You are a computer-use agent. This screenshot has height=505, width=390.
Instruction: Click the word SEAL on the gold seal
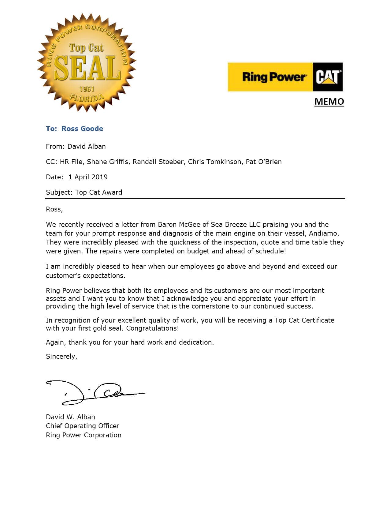pos(87,68)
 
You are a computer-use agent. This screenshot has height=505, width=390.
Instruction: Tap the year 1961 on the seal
pos(87,89)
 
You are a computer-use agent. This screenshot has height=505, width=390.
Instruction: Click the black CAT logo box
pos(328,77)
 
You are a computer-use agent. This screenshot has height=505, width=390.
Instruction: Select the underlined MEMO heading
pos(329,102)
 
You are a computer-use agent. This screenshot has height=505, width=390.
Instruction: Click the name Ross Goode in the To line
pos(82,129)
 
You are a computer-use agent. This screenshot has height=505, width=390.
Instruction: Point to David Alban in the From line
pos(87,146)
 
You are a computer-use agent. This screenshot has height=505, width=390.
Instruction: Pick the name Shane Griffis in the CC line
pos(108,162)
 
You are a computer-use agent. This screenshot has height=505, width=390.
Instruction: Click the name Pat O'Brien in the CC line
pos(264,162)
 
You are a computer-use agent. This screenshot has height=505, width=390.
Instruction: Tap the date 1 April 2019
pos(88,177)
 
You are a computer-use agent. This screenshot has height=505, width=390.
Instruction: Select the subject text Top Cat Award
pos(98,192)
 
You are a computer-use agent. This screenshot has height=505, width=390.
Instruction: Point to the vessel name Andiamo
pos(324,233)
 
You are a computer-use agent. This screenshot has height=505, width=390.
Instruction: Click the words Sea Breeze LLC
pos(236,224)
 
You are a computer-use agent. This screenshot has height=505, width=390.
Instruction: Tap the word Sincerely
pos(61,357)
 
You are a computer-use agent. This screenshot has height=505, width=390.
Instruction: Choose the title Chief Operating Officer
pos(83,426)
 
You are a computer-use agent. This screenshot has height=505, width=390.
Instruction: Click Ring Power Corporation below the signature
pos(84,435)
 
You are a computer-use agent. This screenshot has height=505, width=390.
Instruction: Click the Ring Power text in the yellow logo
pos(274,77)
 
